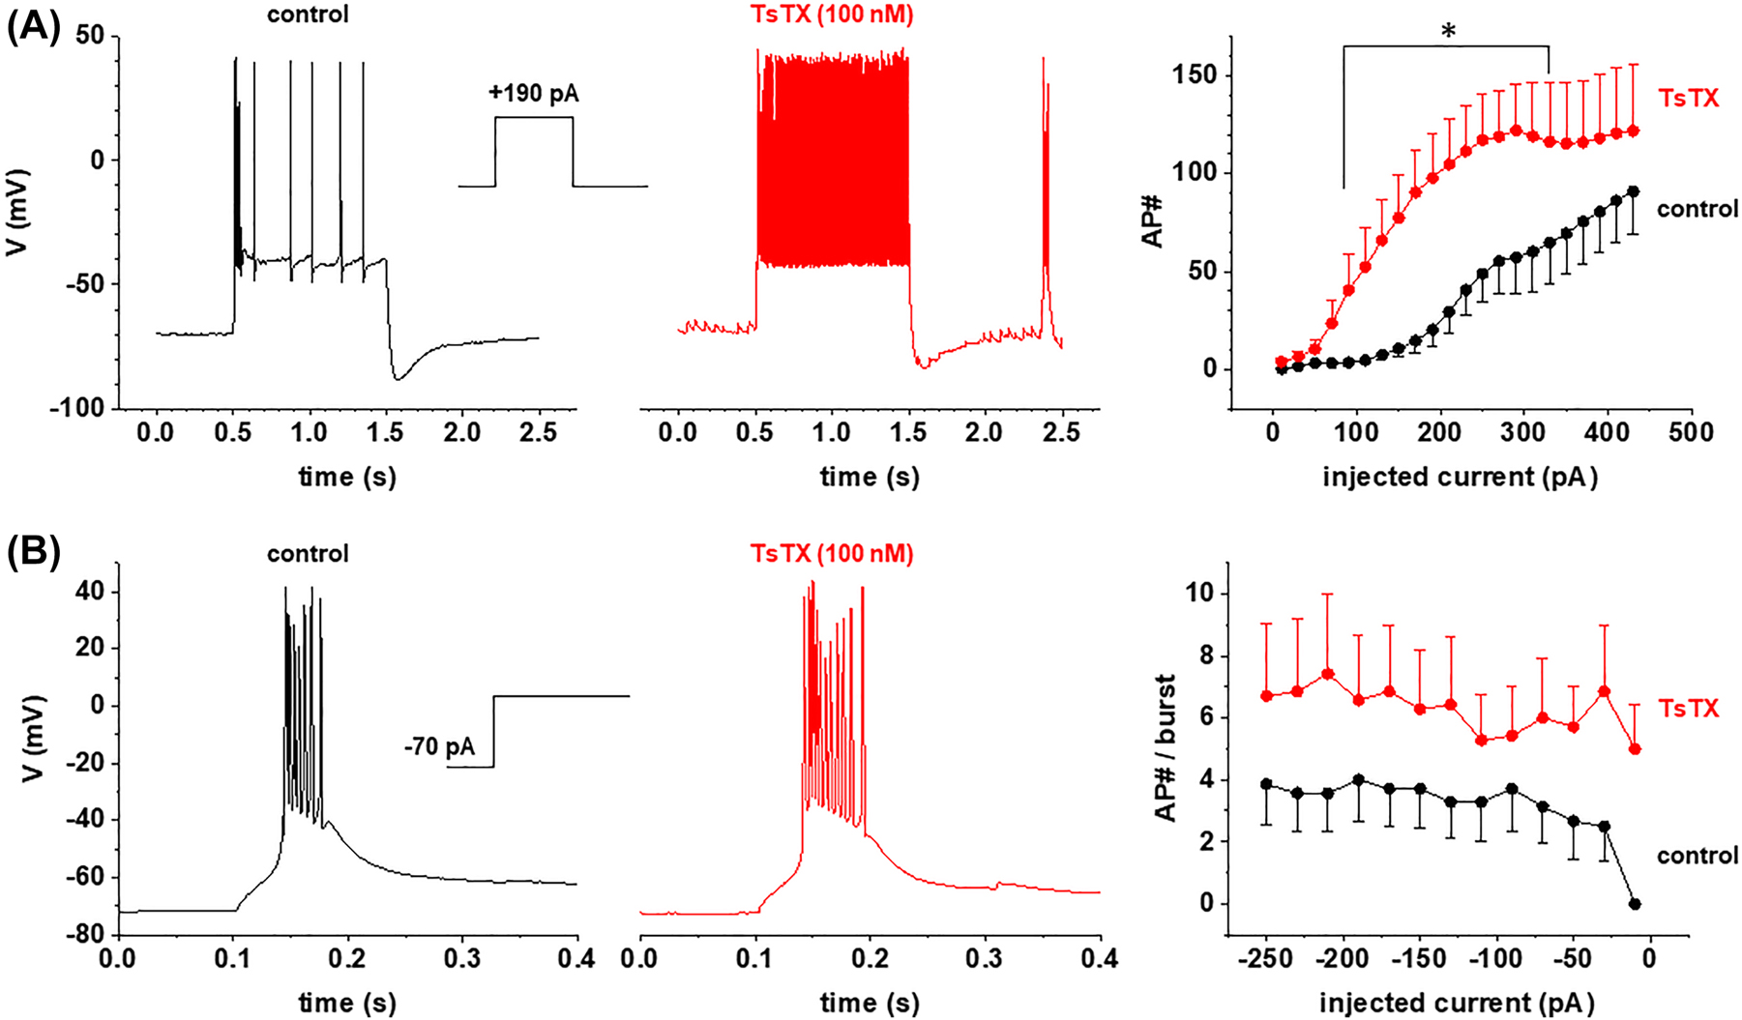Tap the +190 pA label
click(x=533, y=94)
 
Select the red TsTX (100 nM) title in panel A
click(x=831, y=15)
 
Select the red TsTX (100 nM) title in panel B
click(x=831, y=553)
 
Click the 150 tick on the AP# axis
click(x=1196, y=75)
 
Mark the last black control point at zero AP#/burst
click(x=1635, y=904)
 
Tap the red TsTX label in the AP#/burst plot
click(x=1688, y=709)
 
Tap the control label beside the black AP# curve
click(x=1697, y=209)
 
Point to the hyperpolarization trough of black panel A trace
click(x=398, y=378)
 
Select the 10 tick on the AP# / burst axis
click(x=1197, y=594)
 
